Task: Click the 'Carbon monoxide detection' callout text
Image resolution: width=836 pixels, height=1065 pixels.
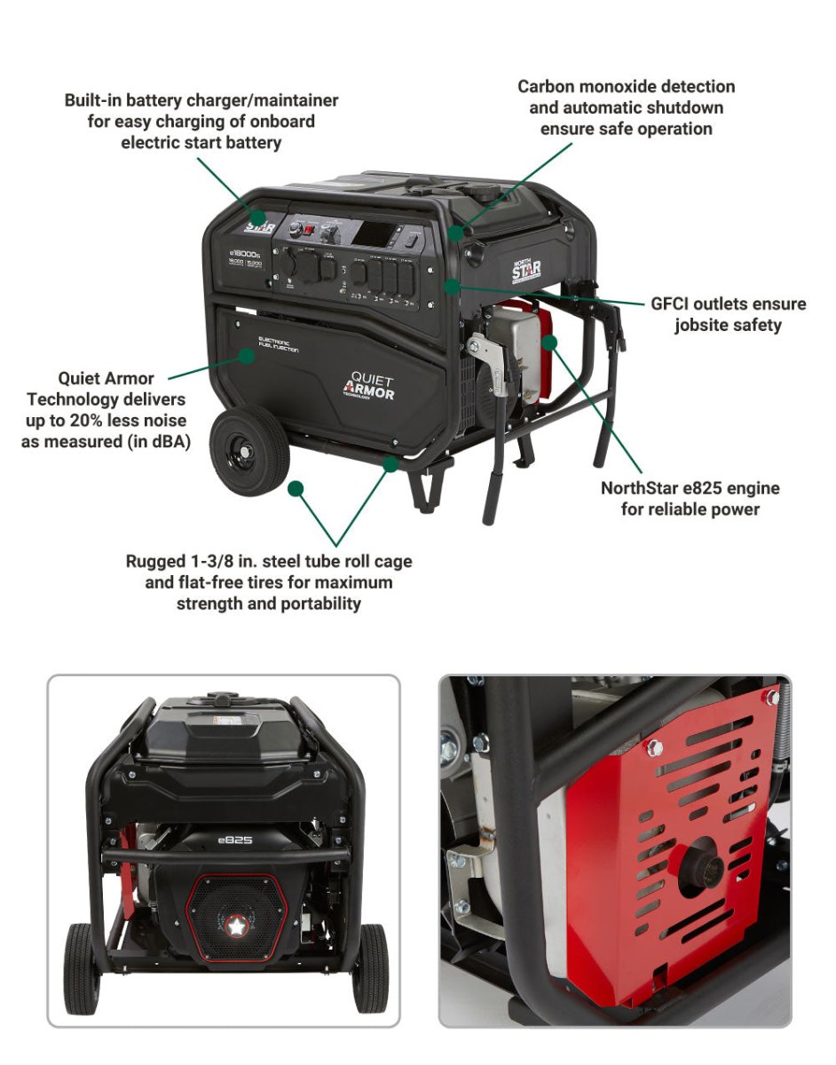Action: click(626, 87)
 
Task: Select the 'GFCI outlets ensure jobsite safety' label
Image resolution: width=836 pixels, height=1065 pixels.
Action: click(728, 314)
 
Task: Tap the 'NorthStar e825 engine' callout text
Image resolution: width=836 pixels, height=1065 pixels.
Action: click(690, 488)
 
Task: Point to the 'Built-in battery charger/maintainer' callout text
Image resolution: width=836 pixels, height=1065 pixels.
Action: click(201, 100)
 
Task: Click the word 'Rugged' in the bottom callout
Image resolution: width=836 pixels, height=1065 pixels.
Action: click(155, 562)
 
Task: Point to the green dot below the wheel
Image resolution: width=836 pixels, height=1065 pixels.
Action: click(296, 488)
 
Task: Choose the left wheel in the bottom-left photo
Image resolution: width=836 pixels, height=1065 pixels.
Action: click(83, 967)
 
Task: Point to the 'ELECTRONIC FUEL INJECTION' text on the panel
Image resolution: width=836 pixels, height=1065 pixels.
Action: click(285, 344)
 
